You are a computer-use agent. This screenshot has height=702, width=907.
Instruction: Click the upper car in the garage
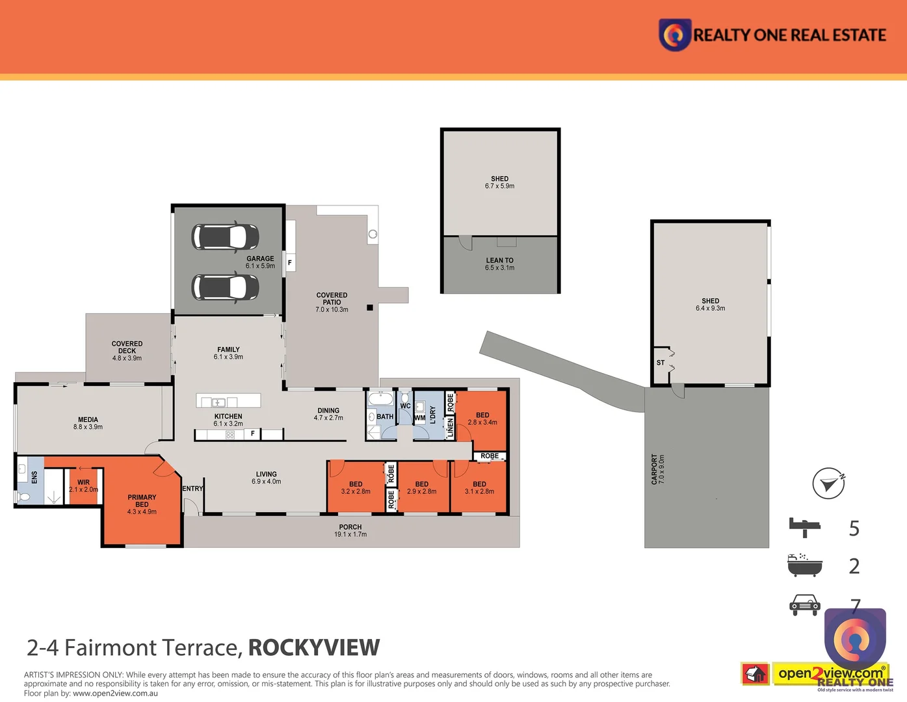click(225, 237)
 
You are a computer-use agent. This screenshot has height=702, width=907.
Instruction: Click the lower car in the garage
click(225, 287)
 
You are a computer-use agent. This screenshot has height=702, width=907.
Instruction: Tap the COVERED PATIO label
click(332, 302)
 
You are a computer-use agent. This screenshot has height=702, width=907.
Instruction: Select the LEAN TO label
click(499, 264)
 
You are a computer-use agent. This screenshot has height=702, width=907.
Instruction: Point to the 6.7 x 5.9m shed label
click(499, 183)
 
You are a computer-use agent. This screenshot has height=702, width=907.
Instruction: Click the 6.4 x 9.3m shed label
click(710, 305)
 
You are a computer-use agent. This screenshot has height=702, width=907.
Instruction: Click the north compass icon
click(828, 484)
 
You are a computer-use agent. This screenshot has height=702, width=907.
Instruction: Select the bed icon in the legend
click(805, 527)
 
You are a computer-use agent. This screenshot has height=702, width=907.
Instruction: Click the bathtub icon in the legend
click(805, 565)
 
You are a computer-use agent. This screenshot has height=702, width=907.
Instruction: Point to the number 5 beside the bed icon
click(854, 528)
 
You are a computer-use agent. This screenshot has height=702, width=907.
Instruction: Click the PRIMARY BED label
click(142, 504)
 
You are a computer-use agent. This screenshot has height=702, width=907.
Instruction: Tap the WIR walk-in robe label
click(83, 486)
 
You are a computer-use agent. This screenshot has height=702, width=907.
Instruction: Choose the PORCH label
click(350, 530)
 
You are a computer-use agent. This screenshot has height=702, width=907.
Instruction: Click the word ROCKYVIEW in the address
click(314, 647)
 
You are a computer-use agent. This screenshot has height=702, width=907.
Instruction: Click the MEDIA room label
click(88, 423)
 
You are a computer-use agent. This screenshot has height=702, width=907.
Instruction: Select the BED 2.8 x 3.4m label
click(482, 419)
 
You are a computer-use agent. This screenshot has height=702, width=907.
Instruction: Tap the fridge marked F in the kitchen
click(253, 433)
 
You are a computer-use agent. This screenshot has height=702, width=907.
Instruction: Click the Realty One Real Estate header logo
click(772, 34)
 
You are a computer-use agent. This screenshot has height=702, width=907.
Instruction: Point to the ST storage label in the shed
click(661, 363)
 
